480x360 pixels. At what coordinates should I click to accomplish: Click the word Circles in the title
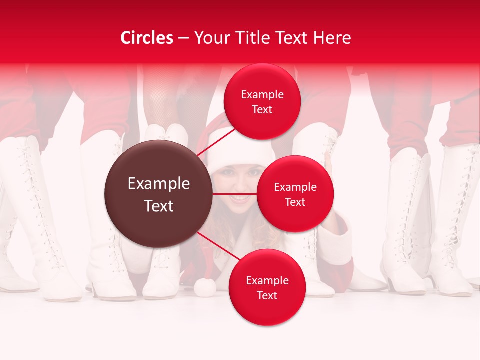[147, 38]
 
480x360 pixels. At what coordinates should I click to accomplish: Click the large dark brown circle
[158, 193]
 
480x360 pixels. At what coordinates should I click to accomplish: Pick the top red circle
[262, 101]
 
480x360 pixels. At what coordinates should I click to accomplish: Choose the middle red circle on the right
[295, 194]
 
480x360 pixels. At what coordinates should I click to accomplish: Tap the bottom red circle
[267, 287]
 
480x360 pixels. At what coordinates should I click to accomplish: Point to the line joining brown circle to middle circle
[235, 193]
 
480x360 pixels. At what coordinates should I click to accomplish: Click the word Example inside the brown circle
[158, 184]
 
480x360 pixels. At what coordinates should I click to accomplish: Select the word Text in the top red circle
[262, 109]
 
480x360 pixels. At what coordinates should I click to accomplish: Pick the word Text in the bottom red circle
[267, 295]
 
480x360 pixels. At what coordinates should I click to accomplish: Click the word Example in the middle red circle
[295, 187]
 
